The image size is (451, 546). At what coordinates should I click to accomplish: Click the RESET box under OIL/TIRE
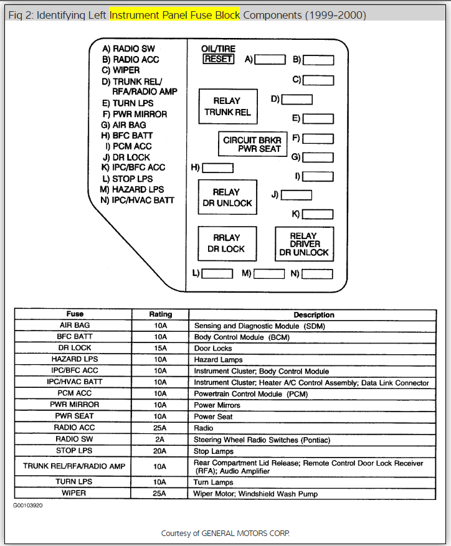coord(218,59)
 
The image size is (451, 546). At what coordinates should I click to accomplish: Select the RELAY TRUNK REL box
coord(227,106)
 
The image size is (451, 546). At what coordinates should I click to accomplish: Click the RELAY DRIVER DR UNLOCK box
coord(304,244)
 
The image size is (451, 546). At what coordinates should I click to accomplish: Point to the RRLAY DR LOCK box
coord(227,243)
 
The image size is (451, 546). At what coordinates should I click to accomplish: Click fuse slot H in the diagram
coord(218,167)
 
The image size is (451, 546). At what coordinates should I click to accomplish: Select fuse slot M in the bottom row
coord(268,273)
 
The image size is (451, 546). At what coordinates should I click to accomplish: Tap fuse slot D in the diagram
coord(297,100)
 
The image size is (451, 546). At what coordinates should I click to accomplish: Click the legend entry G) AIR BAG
coord(124,125)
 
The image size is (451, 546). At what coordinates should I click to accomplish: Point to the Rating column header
coord(160,314)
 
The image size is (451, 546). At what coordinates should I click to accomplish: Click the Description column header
coord(314,314)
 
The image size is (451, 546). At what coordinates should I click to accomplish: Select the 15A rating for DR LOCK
coord(160,349)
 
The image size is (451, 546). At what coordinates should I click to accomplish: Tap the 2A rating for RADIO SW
coord(160,440)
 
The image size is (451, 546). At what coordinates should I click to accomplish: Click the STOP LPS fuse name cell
coord(75,451)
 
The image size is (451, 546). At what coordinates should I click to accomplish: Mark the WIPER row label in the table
coord(75,494)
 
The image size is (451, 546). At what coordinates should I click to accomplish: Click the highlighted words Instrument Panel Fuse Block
coord(175,14)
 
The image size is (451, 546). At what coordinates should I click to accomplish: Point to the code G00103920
coord(29,506)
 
